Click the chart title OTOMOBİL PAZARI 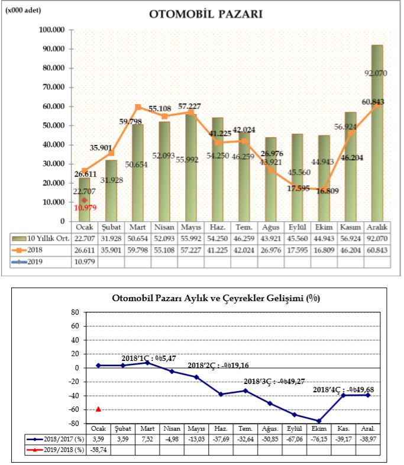206,14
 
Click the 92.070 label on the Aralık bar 377,73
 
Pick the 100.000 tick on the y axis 50,30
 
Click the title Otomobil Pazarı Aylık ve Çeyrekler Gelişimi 216,298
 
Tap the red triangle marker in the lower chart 98,409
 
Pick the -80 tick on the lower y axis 75,424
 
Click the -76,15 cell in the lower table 321,439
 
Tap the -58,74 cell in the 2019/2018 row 99,449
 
